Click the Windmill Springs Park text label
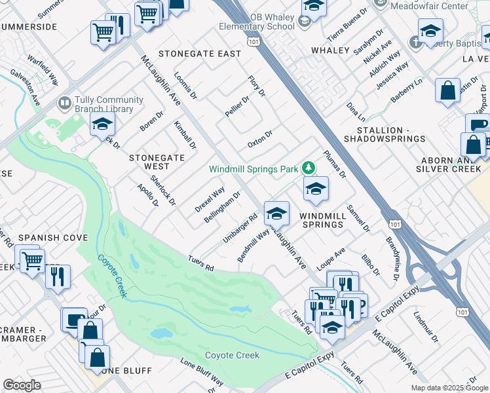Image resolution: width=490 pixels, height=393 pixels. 253,169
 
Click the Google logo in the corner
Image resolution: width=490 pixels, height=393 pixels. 22,385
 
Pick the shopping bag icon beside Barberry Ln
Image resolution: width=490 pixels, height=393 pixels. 447,91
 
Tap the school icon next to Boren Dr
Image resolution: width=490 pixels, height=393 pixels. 103,123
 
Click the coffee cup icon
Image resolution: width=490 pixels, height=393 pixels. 479,124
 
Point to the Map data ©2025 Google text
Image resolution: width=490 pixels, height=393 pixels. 449,388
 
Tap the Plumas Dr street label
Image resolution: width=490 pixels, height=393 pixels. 334,164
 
